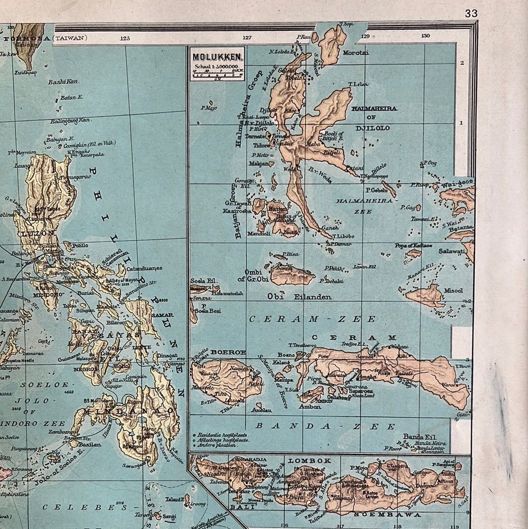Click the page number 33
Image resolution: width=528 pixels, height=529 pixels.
click(x=471, y=14)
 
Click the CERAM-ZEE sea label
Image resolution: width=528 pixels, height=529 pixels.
click(x=312, y=319)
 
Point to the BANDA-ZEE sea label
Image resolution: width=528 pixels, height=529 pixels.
click(x=325, y=426)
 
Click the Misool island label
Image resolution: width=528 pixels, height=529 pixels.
click(x=453, y=291)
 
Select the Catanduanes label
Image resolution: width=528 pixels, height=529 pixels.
click(x=144, y=269)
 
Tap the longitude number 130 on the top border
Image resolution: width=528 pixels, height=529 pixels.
click(x=425, y=36)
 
